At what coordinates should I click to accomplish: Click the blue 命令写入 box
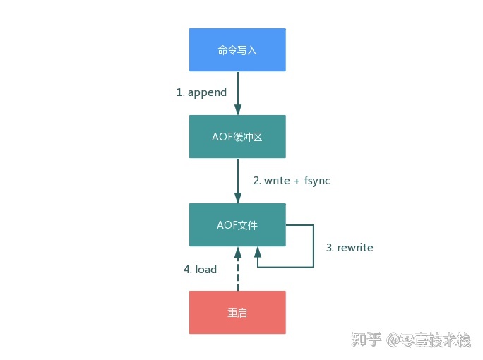[237, 49]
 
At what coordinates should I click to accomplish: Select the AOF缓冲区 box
[237, 136]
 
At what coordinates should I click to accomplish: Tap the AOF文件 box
[237, 225]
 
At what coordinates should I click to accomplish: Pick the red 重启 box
[237, 312]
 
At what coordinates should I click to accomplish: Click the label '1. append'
[201, 92]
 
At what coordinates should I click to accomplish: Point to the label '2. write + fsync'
[292, 181]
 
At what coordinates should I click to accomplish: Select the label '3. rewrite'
[349, 248]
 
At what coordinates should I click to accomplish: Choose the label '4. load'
[200, 269]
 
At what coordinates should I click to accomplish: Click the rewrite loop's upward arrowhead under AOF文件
[257, 252]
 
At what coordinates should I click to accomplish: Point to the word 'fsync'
[317, 181]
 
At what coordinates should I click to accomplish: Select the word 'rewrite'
[355, 248]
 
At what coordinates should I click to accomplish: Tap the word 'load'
[205, 269]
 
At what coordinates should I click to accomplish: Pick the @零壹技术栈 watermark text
[428, 342]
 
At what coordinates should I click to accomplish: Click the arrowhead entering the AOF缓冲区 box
[238, 109]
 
